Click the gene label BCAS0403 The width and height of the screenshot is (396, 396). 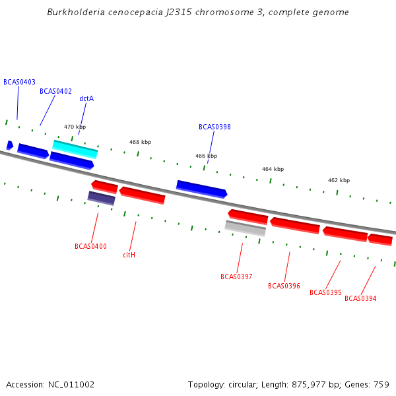[19, 82]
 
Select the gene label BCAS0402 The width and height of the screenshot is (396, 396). [55, 91]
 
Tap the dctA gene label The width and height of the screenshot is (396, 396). [86, 98]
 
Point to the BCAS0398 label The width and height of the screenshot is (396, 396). [214, 127]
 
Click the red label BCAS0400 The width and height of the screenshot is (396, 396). [90, 246]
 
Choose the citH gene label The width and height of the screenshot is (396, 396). [129, 254]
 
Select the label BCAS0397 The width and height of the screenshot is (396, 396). [236, 277]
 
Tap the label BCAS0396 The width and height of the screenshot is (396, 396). [284, 286]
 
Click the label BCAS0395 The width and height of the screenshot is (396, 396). [325, 292]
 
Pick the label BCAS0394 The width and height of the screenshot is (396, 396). [360, 298]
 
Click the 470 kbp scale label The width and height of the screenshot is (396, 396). [75, 127]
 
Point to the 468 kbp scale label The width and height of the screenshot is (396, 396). [140, 142]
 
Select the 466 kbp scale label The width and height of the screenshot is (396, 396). [206, 156]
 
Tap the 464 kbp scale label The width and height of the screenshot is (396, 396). [273, 169]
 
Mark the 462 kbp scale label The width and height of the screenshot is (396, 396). [339, 180]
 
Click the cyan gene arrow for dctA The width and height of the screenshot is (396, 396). [75, 149]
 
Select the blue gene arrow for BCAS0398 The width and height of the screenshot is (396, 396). [201, 189]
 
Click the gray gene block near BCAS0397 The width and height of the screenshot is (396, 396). [245, 228]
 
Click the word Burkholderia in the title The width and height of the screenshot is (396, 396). [77, 13]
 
